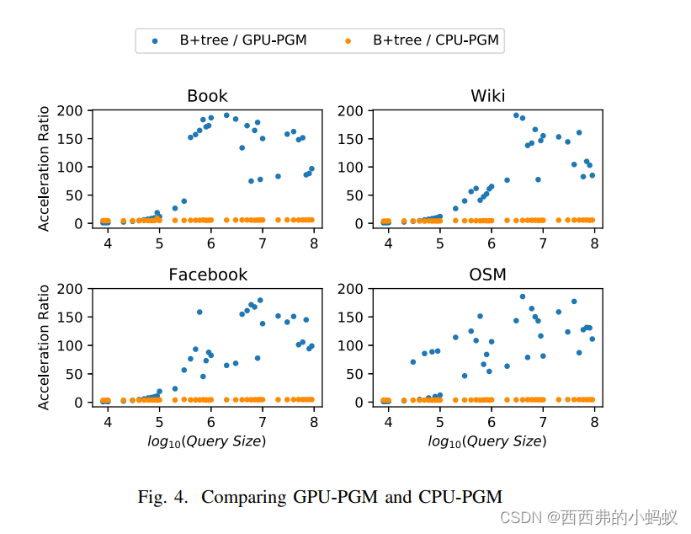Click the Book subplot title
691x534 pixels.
pyautogui.click(x=207, y=96)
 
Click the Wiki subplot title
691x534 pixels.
pyautogui.click(x=487, y=96)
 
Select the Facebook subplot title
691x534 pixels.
pyautogui.click(x=208, y=275)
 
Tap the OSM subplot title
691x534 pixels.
pyautogui.click(x=487, y=275)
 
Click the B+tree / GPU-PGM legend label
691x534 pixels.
pyautogui.click(x=242, y=40)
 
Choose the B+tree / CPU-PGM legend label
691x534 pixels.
pyautogui.click(x=435, y=40)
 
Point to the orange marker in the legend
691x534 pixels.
pyautogui.click(x=347, y=40)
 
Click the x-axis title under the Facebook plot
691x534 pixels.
pyautogui.click(x=208, y=441)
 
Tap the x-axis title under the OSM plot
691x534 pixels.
pyautogui.click(x=487, y=441)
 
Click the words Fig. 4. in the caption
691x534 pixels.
pyautogui.click(x=163, y=497)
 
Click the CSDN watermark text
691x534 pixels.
pyautogui.click(x=519, y=516)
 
